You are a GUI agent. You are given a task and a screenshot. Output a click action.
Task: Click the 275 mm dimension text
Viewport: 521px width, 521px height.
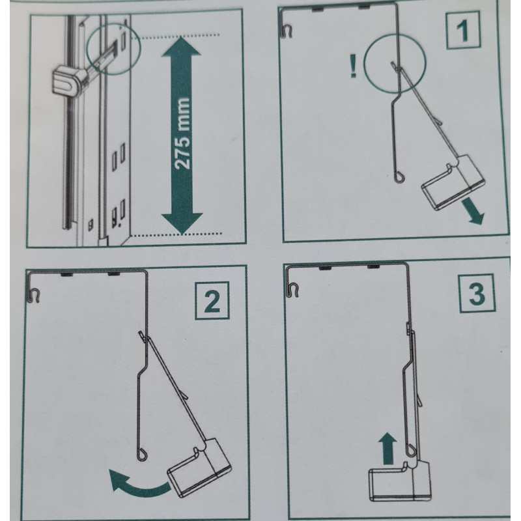point(182,133)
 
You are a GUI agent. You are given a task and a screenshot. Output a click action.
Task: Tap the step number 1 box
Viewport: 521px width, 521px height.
point(462,30)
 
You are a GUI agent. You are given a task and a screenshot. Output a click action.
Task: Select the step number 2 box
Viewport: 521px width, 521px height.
point(212,301)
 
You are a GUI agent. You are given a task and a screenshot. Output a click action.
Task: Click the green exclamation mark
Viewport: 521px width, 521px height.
point(353,66)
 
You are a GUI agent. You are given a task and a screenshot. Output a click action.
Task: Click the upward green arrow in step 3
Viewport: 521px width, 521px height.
point(387,448)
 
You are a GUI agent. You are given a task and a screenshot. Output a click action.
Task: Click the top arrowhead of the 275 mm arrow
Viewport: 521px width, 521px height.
point(181,46)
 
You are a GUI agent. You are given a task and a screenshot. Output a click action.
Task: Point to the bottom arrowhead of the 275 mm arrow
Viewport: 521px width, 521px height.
point(182,223)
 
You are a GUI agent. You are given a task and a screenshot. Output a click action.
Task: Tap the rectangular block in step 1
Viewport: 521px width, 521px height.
point(453,182)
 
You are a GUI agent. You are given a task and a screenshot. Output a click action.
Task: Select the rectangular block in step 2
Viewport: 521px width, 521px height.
point(200,468)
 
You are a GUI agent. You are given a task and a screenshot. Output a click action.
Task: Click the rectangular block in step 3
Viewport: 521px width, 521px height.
point(401,482)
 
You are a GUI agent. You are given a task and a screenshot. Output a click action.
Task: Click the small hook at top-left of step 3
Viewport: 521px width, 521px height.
point(294,290)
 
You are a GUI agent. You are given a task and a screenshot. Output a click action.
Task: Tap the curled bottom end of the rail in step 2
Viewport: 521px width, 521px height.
point(142,455)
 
